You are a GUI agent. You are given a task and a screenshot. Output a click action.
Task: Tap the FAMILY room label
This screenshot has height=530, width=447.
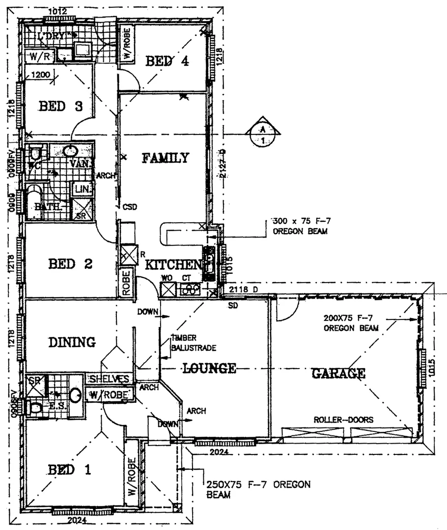(166, 158)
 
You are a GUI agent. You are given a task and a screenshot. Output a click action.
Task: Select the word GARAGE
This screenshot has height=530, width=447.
(338, 374)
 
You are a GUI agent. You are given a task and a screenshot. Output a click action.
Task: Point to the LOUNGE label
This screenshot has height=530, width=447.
(210, 368)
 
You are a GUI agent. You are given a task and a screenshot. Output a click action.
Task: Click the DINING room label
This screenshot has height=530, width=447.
(72, 342)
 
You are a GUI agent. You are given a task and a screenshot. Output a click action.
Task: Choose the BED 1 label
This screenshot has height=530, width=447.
(69, 470)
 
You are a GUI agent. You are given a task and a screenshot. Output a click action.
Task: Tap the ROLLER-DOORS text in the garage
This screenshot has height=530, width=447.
(343, 420)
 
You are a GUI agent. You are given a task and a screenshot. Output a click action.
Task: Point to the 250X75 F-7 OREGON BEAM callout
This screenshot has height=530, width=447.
(258, 490)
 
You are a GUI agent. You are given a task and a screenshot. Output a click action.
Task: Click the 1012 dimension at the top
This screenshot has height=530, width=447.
(58, 11)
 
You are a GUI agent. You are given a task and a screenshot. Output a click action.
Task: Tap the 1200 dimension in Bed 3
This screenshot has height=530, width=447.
(41, 75)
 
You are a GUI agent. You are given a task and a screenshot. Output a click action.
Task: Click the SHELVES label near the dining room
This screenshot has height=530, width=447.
(109, 379)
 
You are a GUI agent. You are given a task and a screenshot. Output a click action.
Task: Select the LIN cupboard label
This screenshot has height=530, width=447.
(79, 188)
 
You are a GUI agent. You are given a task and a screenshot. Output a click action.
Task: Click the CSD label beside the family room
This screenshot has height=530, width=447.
(130, 207)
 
